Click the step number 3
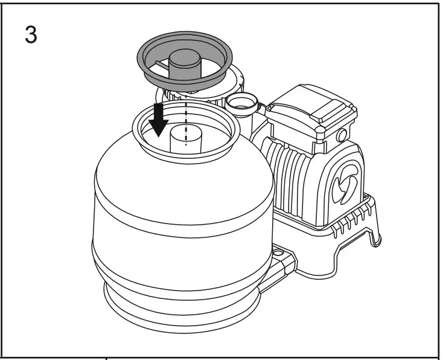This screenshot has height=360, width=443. (x=30, y=34)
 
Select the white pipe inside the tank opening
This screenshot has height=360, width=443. (x=181, y=141)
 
